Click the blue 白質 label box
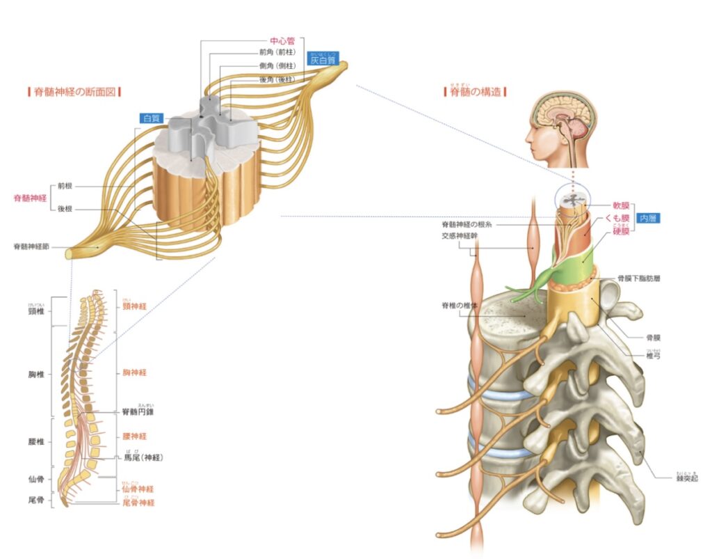(x=151, y=118)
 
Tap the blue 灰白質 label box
(x=325, y=61)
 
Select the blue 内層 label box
(x=648, y=218)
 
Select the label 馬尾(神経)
(x=143, y=457)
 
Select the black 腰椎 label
(x=37, y=441)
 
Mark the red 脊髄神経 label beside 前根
(x=31, y=198)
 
